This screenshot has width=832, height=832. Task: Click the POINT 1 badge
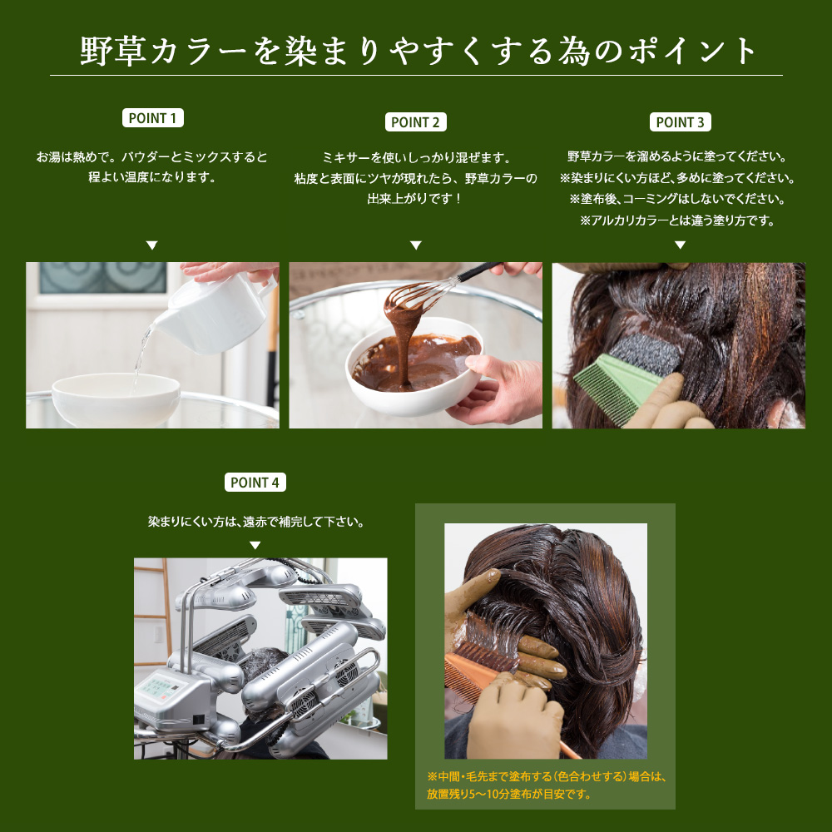(x=153, y=118)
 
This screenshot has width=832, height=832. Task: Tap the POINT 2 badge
(x=415, y=122)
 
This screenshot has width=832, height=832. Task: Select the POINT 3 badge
(x=681, y=122)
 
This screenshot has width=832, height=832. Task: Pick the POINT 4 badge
(x=255, y=483)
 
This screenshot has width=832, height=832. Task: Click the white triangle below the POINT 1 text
(x=152, y=245)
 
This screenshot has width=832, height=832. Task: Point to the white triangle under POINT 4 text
(x=255, y=546)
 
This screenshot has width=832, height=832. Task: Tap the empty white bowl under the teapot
(x=116, y=399)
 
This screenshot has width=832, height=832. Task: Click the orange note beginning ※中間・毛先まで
(x=547, y=785)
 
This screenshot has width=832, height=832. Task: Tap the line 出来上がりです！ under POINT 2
(x=415, y=199)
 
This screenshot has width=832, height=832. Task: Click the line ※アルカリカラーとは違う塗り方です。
(x=677, y=220)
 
